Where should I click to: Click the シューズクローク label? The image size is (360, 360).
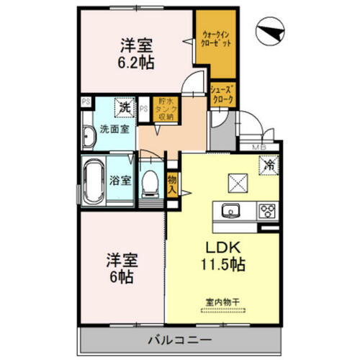[222, 94]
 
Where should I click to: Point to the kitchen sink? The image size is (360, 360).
[232, 210]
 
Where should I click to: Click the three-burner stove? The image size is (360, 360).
[266, 210]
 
